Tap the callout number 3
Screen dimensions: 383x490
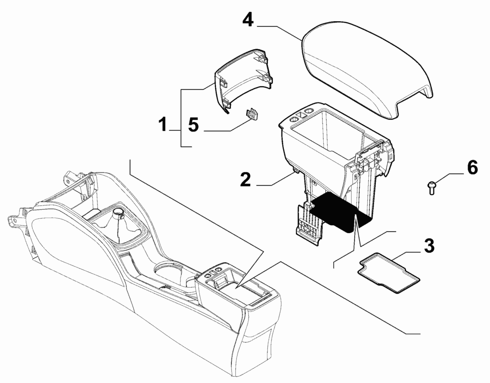coord(429,246)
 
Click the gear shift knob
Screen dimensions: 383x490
coord(120,216)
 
